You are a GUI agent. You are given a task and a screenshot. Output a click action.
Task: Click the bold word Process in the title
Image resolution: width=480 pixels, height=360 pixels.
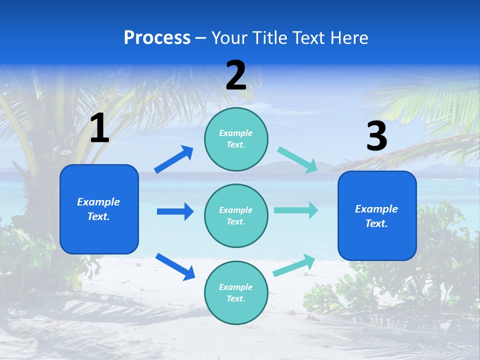pos(157,38)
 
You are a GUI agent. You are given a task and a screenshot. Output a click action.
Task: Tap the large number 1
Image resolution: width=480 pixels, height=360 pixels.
pos(99,128)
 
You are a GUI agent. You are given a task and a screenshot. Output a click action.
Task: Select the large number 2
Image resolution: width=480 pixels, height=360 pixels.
pos(236,75)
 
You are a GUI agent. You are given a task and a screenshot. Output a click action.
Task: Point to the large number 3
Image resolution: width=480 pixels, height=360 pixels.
pos(376,136)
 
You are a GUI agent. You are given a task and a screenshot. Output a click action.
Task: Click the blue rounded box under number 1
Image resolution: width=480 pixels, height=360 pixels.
pos(99,209)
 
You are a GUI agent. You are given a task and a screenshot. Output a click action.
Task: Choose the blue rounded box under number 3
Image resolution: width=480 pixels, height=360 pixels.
pos(377,215)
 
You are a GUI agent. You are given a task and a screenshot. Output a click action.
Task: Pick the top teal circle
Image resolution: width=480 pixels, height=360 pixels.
pos(236,139)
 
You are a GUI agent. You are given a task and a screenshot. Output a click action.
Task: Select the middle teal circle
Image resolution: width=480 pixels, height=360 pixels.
pos(236,215)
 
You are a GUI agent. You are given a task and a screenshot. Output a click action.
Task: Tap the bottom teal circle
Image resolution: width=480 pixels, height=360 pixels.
pos(236,292)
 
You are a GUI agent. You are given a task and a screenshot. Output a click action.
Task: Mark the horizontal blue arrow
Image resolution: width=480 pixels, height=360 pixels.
pos(175,211)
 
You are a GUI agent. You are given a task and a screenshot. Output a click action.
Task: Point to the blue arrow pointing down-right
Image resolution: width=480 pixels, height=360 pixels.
pos(175,266)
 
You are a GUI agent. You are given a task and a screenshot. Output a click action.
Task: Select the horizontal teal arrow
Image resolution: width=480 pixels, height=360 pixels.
pos(296,210)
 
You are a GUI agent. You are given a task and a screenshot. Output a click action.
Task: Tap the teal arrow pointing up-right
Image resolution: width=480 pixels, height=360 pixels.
pos(294,265)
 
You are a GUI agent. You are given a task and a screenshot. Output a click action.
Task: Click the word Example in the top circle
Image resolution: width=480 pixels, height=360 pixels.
pos(236,133)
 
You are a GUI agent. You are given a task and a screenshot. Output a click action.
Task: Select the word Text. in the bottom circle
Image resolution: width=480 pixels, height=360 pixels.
pos(236,298)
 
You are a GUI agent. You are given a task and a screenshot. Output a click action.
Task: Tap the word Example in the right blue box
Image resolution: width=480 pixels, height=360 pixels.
pos(376,209)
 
